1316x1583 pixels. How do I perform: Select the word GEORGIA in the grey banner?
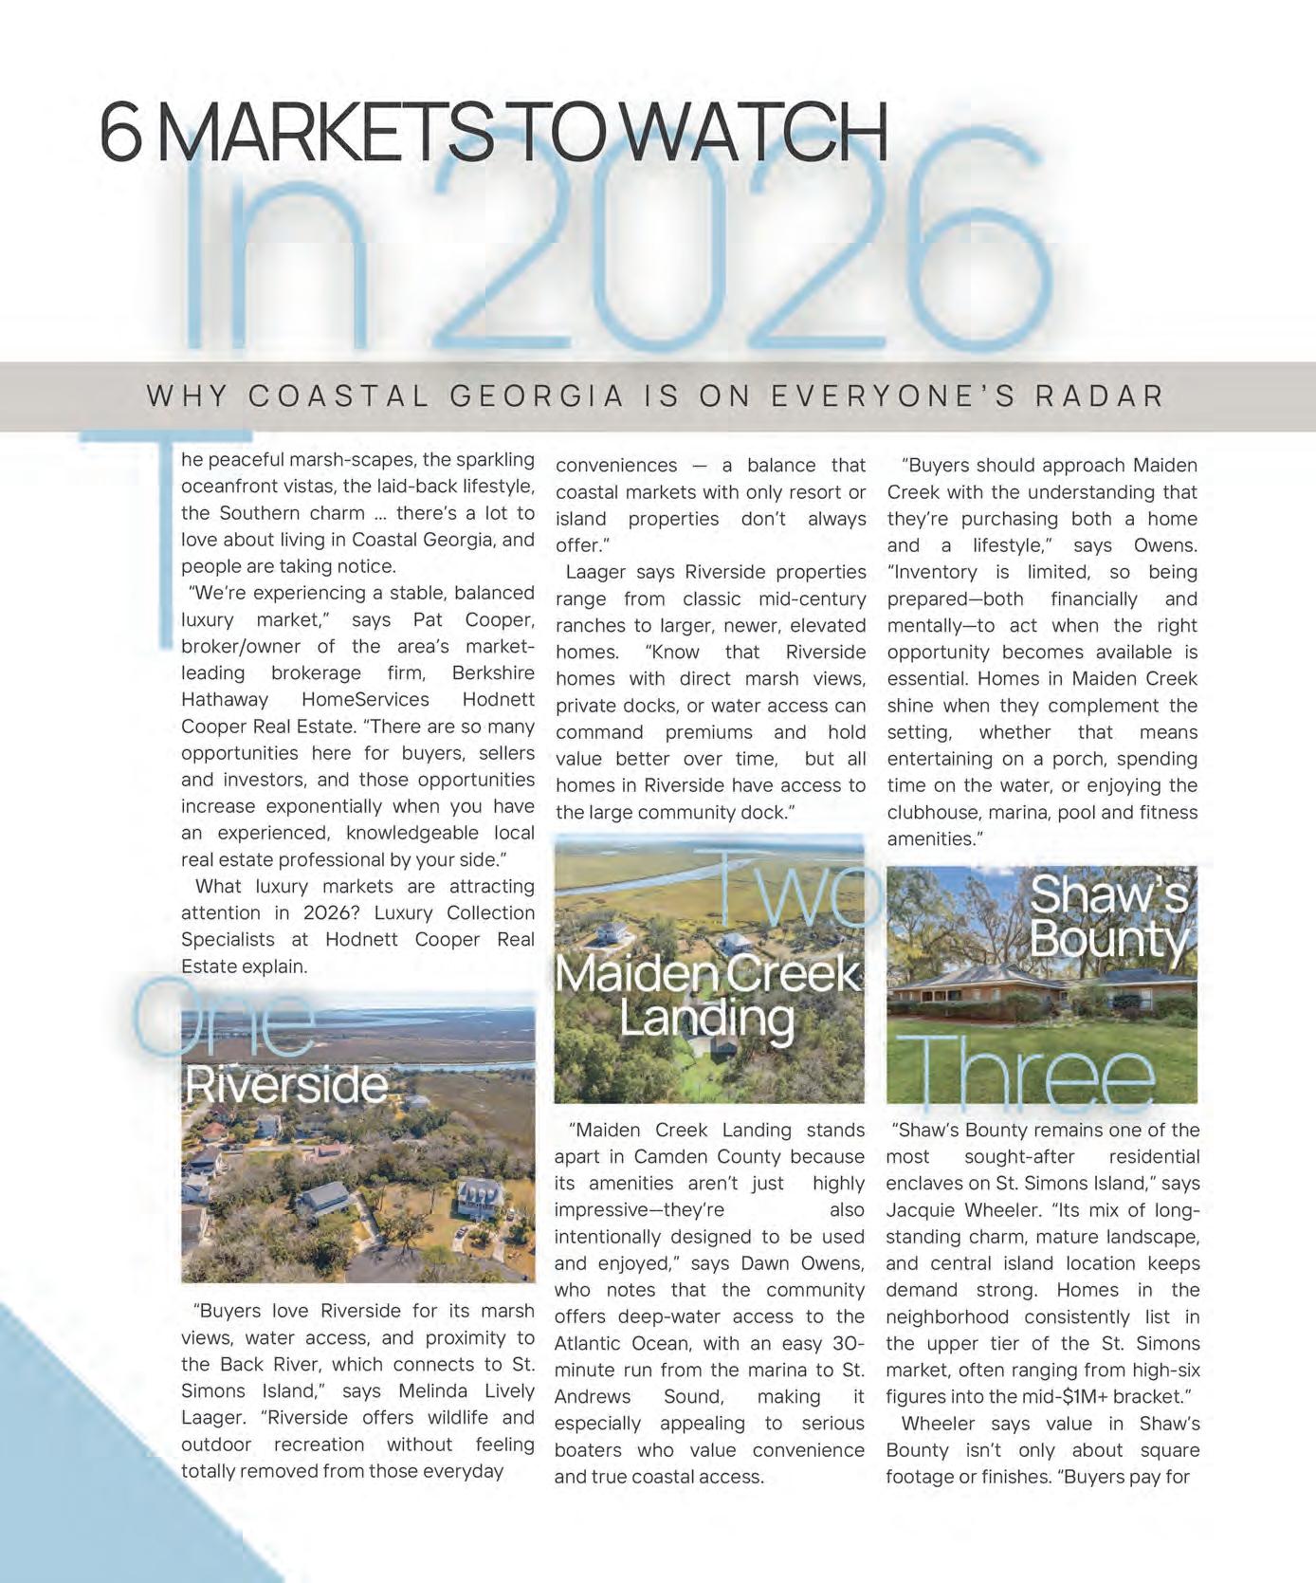coord(537,396)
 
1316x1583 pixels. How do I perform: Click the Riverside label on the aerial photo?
coord(286,1084)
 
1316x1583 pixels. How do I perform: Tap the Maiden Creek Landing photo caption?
coord(707,996)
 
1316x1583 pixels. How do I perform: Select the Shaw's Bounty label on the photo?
coord(1109,916)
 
